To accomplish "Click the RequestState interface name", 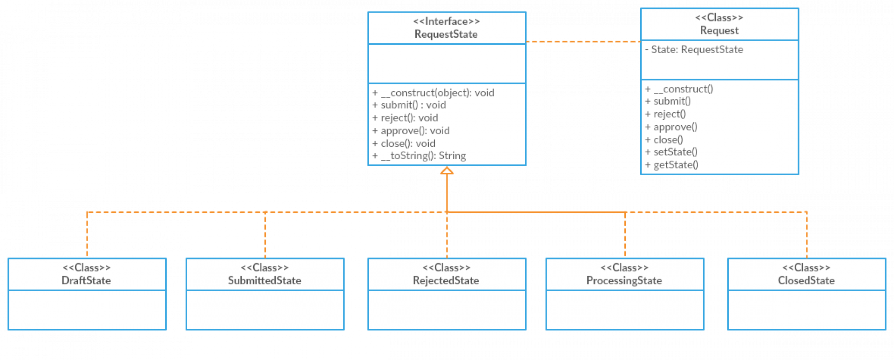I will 446,34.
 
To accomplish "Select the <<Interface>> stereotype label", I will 446,21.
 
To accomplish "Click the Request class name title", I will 719,31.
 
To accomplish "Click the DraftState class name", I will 86,281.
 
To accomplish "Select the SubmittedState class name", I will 264,281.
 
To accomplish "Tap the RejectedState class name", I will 446,281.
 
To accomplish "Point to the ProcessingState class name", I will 624,281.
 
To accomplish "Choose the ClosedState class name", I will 806,281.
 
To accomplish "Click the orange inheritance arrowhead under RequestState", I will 447,171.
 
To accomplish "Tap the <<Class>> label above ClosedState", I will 806,268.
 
